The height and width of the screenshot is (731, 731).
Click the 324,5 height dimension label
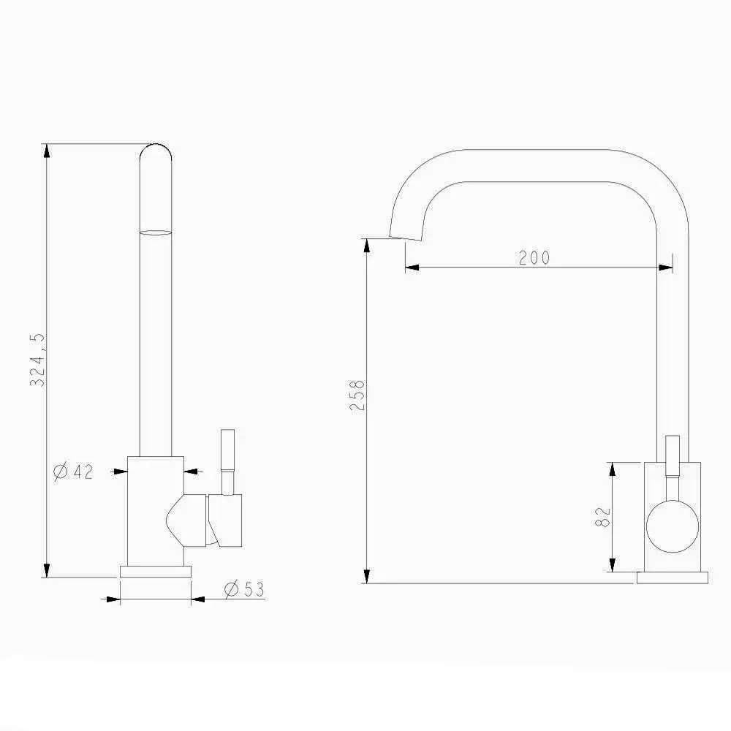point(37,360)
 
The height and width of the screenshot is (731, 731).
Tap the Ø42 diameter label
point(73,471)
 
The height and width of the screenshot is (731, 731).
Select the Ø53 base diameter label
point(244,589)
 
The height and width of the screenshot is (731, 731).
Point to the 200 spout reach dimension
point(534,257)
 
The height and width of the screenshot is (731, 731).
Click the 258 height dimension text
point(357,395)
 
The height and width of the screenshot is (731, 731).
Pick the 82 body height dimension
point(603,517)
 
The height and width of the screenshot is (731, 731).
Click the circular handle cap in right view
point(673,526)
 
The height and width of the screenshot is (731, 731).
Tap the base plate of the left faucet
point(156,572)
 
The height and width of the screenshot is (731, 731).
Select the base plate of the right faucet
point(673,577)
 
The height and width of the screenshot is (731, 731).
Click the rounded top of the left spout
point(156,150)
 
